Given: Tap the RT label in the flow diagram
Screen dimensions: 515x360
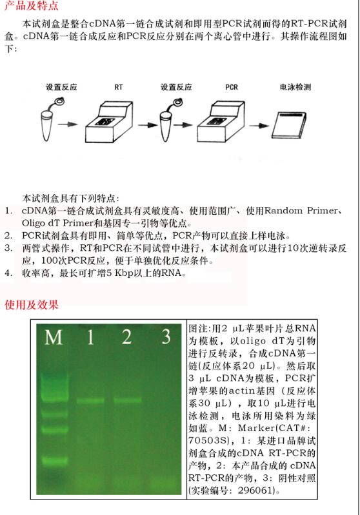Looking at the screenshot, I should [119, 86].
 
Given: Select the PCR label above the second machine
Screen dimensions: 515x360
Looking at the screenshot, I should [232, 86].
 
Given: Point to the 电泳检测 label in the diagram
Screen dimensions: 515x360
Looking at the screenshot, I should [295, 86].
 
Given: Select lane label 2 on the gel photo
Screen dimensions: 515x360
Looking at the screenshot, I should [126, 337].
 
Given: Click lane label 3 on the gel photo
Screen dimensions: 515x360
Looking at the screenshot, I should [166, 337].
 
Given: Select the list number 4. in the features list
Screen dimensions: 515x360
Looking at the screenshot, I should [8, 273].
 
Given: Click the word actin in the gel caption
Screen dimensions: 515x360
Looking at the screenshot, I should [236, 391].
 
